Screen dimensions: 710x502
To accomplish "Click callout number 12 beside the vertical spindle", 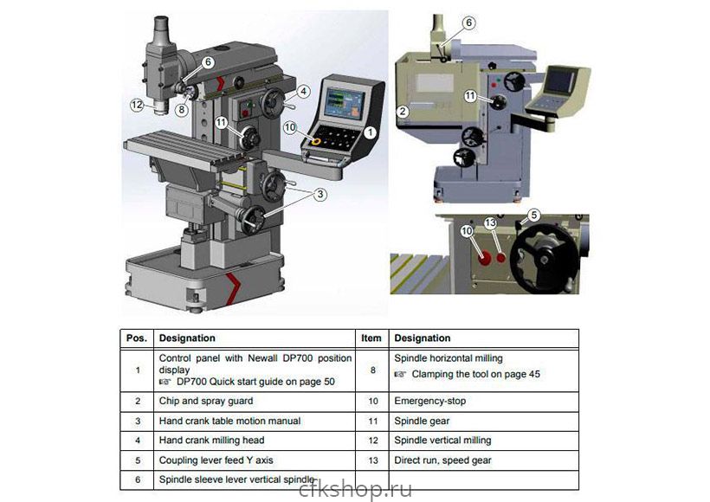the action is coord(137,105).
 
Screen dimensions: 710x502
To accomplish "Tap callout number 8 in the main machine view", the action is coord(182,110).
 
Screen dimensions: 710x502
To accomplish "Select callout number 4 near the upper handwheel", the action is coord(303,92).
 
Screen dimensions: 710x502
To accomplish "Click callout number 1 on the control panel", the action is coord(370,132).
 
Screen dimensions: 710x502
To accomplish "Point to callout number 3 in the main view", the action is coord(320,195).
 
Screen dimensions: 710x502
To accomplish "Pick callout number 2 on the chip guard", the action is coord(403,112).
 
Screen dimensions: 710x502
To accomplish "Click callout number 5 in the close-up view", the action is coord(534,215).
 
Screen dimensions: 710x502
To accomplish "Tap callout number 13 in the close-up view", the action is coord(490,222).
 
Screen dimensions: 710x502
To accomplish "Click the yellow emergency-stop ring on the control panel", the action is coord(316,142).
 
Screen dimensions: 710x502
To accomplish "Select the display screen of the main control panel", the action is coord(345,104).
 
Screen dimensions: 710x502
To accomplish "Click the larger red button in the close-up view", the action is coord(485,258).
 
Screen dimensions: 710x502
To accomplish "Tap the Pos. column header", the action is coord(137,338).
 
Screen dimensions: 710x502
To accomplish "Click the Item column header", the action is coord(371,338).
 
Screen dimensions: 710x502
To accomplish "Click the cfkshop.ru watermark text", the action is coord(356,489).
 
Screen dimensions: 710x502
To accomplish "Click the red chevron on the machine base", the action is coord(233,287).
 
